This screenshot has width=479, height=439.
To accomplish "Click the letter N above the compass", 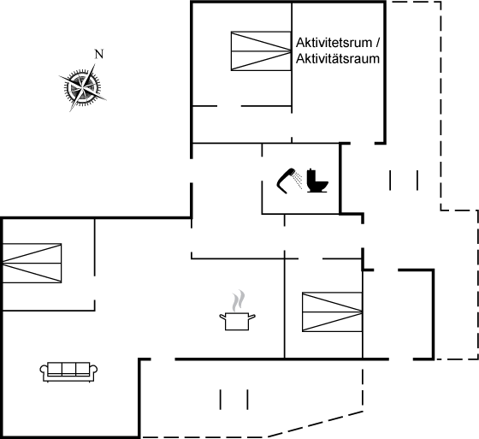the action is [99, 54].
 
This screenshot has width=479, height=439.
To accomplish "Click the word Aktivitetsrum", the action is [334, 43].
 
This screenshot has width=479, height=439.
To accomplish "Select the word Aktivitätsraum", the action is [338, 58].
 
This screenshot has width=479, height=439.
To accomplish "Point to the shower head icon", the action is [287, 181].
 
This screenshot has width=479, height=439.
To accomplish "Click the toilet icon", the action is [317, 181].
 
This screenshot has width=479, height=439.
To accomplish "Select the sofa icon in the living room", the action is [68, 372].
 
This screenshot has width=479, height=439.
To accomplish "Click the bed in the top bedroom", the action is [261, 51].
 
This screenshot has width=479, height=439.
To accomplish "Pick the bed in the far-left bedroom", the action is [33, 264].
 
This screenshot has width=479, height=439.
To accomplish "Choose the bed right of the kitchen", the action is [333, 311].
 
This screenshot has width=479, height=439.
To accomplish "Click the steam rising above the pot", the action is [239, 300].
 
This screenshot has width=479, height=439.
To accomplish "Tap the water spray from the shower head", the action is [298, 180].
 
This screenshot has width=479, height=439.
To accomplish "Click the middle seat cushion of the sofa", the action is [68, 368].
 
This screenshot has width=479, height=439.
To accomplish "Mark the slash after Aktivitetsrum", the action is [377, 43].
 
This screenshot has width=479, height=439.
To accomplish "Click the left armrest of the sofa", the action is [44, 371].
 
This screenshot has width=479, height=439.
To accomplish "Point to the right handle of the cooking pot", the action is [252, 317].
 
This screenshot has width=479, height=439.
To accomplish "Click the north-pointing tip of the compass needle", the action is [95, 64].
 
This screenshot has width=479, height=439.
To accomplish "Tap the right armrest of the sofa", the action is [94, 371].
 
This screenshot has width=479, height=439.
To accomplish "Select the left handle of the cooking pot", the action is [223, 317].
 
